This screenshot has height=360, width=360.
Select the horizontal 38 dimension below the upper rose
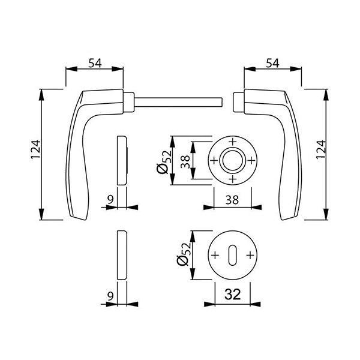click(233, 202)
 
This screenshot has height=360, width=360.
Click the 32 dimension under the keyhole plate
click(233, 294)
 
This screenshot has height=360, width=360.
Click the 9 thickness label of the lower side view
click(109, 295)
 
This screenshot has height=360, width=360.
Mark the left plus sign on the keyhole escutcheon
click(215, 255)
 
